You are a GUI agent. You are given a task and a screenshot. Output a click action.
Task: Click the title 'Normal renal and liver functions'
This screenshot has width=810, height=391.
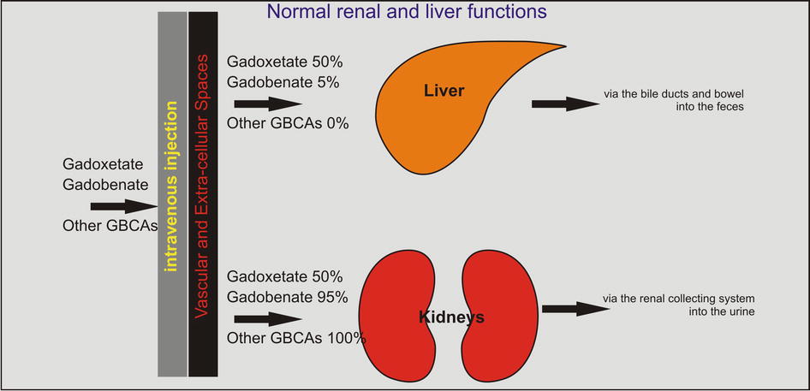tap(407, 12)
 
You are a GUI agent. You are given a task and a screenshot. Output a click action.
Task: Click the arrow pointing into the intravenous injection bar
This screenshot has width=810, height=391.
tap(122, 206)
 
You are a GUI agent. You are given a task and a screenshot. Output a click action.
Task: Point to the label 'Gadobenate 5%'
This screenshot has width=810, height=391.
tap(283, 83)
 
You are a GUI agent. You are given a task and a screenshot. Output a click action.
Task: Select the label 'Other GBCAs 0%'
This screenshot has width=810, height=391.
tap(288, 124)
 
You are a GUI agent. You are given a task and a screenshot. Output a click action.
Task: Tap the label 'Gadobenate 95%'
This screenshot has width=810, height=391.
tap(288, 298)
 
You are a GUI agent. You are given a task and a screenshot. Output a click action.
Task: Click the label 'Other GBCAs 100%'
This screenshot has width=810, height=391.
tap(296, 338)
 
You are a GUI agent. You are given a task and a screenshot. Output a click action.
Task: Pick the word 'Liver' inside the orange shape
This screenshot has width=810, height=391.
tap(444, 91)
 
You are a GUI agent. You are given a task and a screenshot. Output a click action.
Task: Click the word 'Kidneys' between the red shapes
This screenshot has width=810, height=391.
tap(451, 317)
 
